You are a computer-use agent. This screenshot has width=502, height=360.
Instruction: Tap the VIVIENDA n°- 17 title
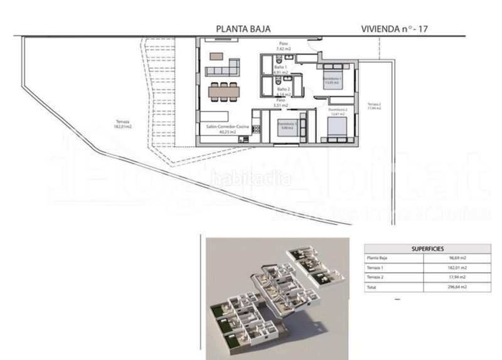pos(395,28)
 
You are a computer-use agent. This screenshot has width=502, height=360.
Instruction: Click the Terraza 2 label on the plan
pos(375,105)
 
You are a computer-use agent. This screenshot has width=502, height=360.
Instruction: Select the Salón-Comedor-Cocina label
pos(228,129)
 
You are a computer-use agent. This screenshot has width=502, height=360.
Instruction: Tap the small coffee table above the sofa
pos(216,56)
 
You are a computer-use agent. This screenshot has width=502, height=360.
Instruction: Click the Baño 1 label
pos(280,69)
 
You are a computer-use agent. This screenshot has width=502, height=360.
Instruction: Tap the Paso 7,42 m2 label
pos(284,46)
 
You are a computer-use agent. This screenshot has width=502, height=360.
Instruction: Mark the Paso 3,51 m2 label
pos(281,102)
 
